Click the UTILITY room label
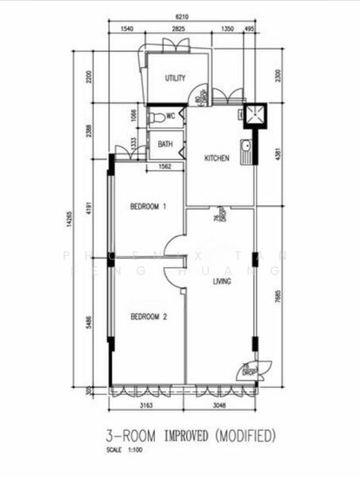[175, 78]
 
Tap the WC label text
[170, 116]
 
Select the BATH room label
[165, 144]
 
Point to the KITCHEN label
[217, 158]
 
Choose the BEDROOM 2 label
[148, 316]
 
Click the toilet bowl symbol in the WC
[156, 117]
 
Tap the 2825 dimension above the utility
[179, 29]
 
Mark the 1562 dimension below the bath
[166, 166]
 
